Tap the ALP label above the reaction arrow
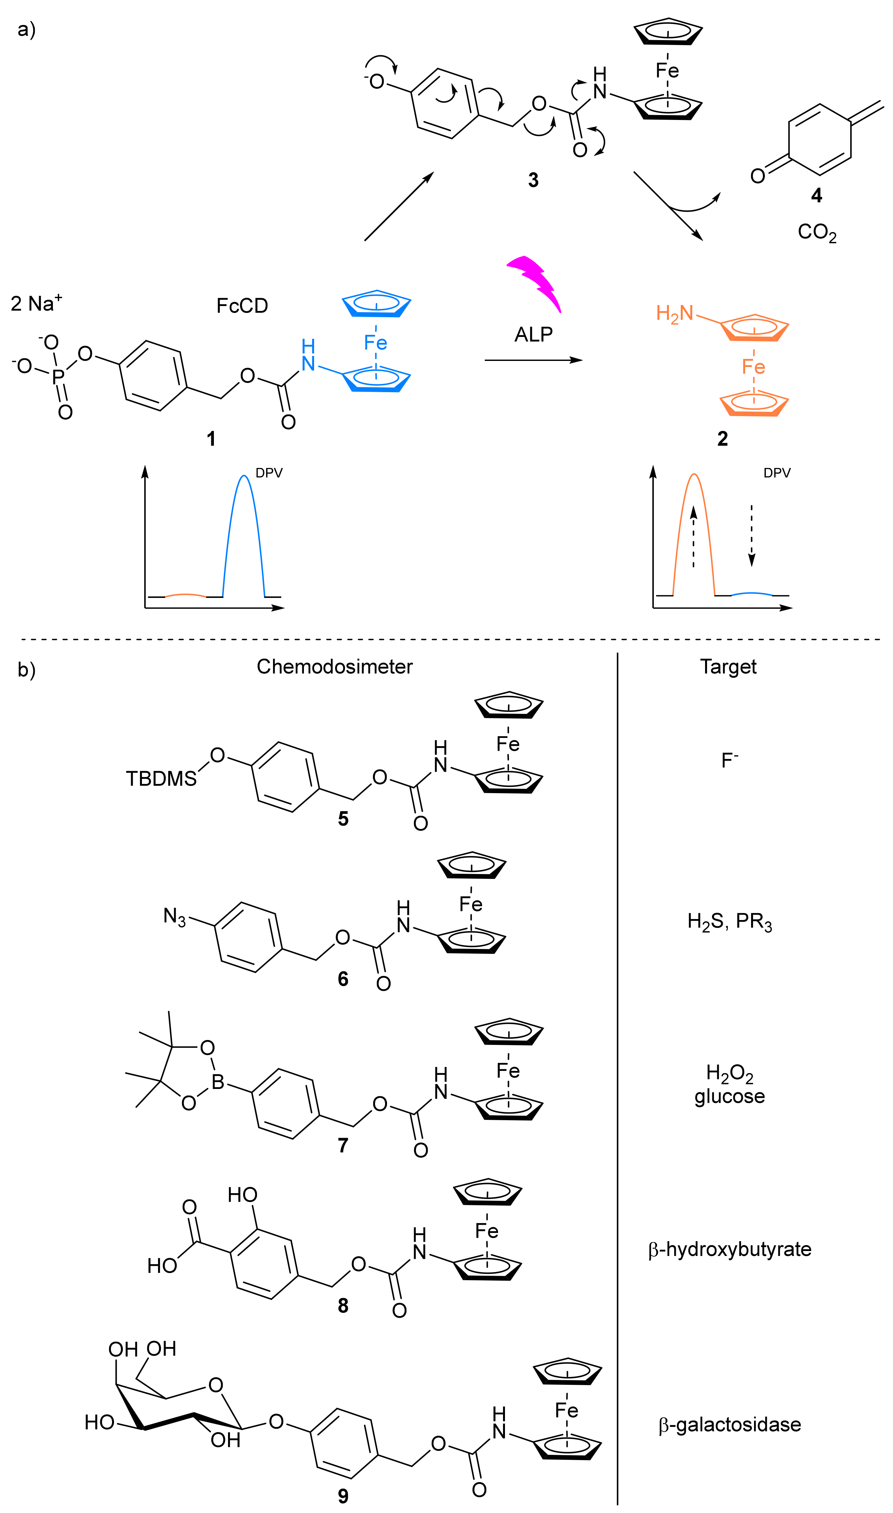tap(533, 335)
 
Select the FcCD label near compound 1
tap(242, 306)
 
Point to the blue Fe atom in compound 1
tap(376, 343)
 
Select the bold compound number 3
tap(533, 180)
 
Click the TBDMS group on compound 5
tap(161, 779)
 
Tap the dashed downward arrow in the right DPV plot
tap(751, 536)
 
